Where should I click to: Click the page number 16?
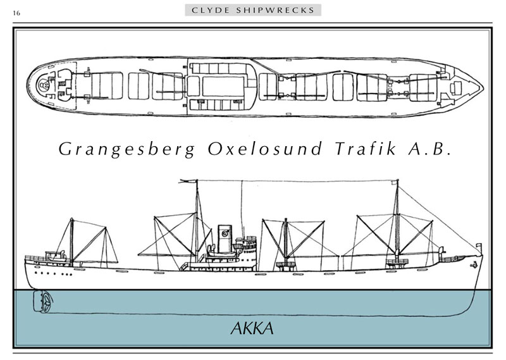16,13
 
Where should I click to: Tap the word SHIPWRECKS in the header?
275,10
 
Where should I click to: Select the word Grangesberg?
127,149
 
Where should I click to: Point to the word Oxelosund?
265,149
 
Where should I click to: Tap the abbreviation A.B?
429,149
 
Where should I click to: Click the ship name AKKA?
252,328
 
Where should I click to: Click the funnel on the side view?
224,239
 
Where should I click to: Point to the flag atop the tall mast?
188,182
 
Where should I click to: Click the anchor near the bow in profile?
473,264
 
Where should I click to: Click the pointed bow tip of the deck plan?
483,87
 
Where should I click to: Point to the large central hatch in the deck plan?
223,86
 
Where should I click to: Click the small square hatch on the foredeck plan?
457,88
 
